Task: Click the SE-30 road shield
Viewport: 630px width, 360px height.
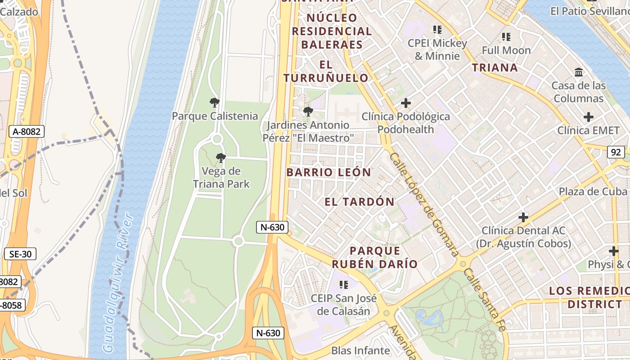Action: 20,254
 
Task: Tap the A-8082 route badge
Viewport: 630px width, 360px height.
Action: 27,132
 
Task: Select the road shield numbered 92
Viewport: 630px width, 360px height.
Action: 615,152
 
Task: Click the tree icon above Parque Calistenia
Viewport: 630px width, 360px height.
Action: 215,103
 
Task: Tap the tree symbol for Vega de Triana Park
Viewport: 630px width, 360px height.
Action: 220,157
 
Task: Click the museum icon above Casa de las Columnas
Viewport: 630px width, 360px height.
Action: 579,72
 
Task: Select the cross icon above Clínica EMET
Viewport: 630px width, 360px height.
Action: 588,117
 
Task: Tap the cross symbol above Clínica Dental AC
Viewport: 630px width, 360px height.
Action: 523,217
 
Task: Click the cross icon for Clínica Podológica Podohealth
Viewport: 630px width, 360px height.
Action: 405,103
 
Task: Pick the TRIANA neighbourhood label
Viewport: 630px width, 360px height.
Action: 495,68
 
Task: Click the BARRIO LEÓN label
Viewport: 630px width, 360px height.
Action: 328,172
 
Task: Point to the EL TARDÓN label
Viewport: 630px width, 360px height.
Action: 359,202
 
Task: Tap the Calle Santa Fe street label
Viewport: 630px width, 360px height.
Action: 486,299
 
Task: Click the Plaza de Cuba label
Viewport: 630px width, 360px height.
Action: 593,191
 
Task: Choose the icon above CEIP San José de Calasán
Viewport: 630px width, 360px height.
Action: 344,284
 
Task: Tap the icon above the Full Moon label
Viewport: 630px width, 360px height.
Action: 506,37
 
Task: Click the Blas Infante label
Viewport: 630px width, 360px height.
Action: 360,351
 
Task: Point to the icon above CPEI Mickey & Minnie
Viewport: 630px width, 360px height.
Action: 437,30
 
